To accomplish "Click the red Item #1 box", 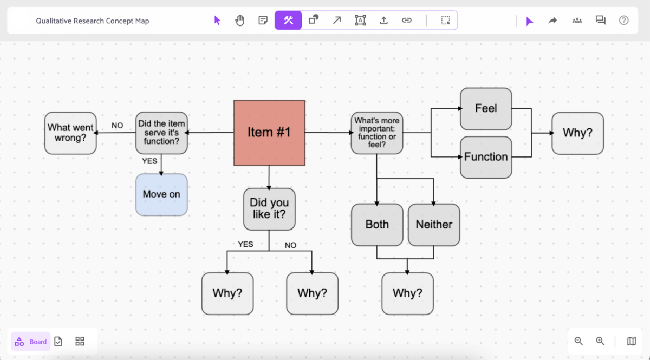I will pos(269,133).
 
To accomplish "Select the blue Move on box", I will pos(161,194).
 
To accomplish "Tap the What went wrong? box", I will pos(70,133).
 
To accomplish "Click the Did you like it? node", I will pos(269,209).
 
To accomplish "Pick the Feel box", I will pos(486,109).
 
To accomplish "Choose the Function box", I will pos(486,157).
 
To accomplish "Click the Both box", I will pos(377,225).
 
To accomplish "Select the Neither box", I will pos(434,225).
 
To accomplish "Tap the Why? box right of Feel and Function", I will pos(577,133).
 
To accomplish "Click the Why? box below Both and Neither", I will pos(407,293).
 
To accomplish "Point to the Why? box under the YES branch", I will pos(227,293).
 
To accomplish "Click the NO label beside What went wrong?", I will pos(118,126).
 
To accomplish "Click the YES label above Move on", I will pos(149,161).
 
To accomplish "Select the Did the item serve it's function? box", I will pos(161,133).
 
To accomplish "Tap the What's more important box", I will pos(377,133).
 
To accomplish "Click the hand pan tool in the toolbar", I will pos(240,21).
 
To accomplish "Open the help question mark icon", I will pos(624,21).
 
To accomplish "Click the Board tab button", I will pos(31,342).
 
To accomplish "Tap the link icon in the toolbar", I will pos(407,21).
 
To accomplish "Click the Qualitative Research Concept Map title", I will pos(93,21).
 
